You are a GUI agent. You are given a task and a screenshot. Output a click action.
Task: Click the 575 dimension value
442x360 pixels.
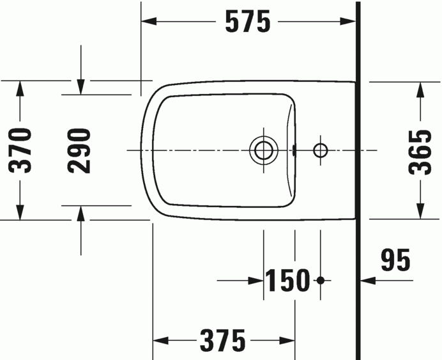[247, 22]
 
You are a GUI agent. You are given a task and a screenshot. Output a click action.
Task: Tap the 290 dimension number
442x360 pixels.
[80, 151]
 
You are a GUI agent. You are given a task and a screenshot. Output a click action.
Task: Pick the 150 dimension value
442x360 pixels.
[288, 280]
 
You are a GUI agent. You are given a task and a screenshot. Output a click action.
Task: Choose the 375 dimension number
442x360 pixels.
[222, 340]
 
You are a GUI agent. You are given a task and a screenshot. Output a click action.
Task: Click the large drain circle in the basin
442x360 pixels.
[263, 150]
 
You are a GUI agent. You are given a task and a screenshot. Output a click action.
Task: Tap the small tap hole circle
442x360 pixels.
[320, 150]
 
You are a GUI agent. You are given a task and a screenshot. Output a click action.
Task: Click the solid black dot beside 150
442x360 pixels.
[321, 280]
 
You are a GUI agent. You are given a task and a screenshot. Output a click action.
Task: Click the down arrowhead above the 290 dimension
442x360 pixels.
[80, 87]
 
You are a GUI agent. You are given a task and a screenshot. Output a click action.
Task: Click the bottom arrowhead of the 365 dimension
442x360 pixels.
[421, 210]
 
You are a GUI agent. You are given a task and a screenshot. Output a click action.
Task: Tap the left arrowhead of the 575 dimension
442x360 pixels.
[149, 22]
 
